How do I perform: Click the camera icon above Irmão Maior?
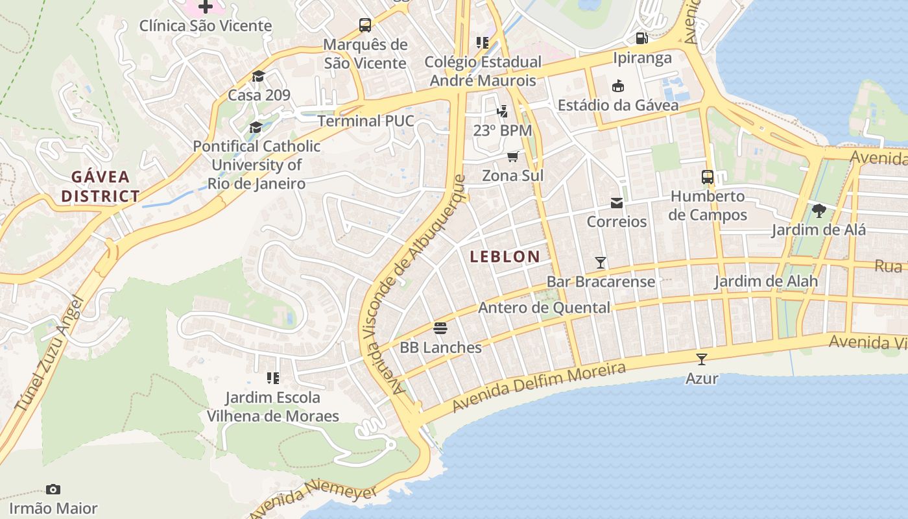(x=53, y=489)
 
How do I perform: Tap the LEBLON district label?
(x=505, y=256)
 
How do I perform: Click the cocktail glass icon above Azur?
(x=701, y=359)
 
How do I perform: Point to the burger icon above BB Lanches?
(x=440, y=328)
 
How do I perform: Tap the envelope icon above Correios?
(x=616, y=204)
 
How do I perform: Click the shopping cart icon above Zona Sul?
(x=513, y=157)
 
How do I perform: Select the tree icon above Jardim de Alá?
(x=818, y=211)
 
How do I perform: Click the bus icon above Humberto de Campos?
(x=707, y=177)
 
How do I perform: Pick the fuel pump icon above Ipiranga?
(x=641, y=38)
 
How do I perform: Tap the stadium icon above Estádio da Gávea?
(x=617, y=86)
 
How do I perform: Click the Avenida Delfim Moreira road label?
(x=539, y=387)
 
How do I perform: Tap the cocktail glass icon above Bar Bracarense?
(x=601, y=263)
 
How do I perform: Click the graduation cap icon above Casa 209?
(x=258, y=77)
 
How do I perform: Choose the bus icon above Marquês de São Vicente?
(x=365, y=26)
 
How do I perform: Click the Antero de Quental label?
(x=544, y=308)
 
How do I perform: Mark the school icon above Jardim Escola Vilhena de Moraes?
(x=272, y=378)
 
